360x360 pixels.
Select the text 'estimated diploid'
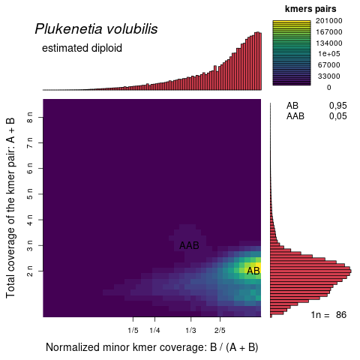pyautogui.click(x=82, y=48)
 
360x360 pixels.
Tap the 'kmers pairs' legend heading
pyautogui.click(x=310, y=8)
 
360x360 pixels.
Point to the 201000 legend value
pyautogui.click(x=328, y=21)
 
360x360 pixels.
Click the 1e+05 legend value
pyautogui.click(x=328, y=54)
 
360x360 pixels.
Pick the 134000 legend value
pyautogui.click(x=328, y=43)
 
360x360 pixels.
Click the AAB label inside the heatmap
pyautogui.click(x=189, y=245)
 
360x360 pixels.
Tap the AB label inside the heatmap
pyautogui.click(x=253, y=271)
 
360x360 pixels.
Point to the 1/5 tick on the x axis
pyautogui.click(x=133, y=330)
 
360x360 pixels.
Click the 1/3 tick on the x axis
pyautogui.click(x=190, y=330)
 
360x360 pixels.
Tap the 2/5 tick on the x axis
pyautogui.click(x=220, y=330)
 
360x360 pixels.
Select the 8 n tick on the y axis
pyautogui.click(x=29, y=117)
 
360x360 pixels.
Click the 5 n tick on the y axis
pyautogui.click(x=29, y=193)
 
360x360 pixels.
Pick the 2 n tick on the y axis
pyautogui.click(x=29, y=269)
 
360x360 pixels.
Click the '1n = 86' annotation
pyautogui.click(x=328, y=315)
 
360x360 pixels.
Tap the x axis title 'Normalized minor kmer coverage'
pyautogui.click(x=151, y=347)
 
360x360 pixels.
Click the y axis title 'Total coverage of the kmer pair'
pyautogui.click(x=11, y=207)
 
